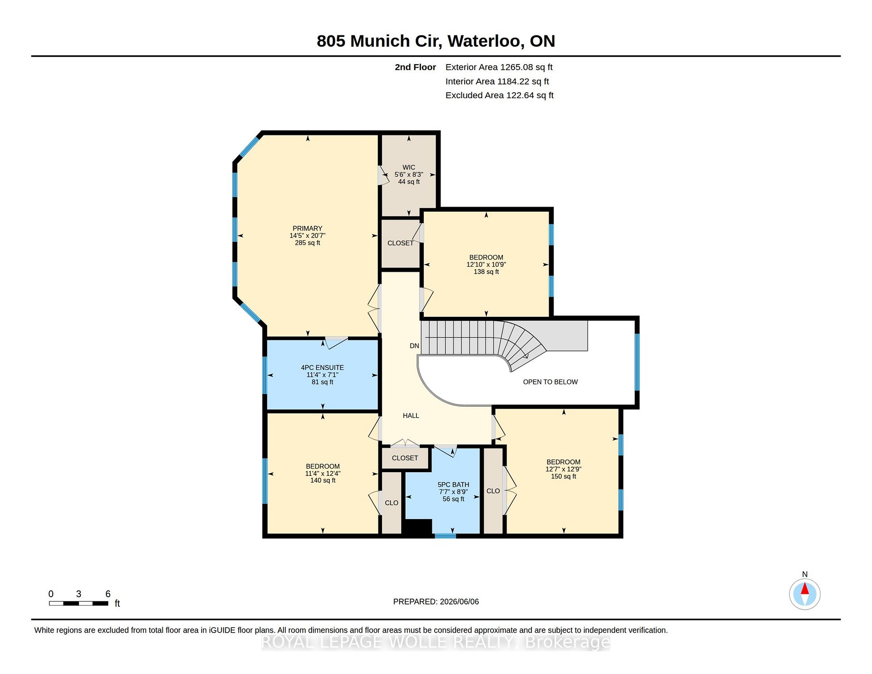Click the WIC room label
pos(409,167)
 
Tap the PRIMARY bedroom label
pos(307,229)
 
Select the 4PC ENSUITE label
pos(322,368)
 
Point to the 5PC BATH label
pos(453,484)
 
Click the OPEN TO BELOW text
pos(550,382)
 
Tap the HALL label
pos(411,415)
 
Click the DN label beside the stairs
pos(414,346)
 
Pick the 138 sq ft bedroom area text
pos(486,272)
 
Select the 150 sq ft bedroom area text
pos(564,476)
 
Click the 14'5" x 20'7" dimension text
pos(307,235)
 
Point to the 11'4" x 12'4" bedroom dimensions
pos(323,473)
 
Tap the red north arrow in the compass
pos(805,589)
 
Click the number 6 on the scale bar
pos(108,594)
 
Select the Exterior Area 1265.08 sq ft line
pos(499,67)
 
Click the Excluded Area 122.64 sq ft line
pos(500,95)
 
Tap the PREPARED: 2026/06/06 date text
pos(436,602)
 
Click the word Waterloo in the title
pos(484,41)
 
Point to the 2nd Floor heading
pos(415,67)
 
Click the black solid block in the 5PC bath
pos(418,527)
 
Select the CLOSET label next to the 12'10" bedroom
pos(401,243)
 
